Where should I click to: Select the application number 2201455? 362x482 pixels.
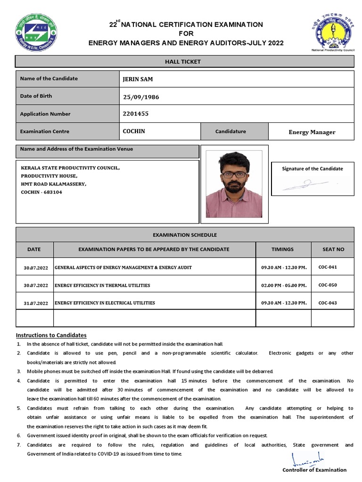tap(136, 113)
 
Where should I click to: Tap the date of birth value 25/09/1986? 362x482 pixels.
tap(141, 97)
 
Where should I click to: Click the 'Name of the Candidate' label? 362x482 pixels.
tap(49, 79)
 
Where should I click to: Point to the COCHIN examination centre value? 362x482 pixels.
tap(134, 131)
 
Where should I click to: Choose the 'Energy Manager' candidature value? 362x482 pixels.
tap(312, 132)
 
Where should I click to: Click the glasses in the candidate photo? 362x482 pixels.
tap(234, 174)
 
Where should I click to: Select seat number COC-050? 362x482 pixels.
tap(328, 285)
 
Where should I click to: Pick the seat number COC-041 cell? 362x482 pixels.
tap(328, 267)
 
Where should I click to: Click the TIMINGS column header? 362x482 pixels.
tap(282, 249)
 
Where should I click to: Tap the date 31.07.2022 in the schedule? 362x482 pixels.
tap(36, 303)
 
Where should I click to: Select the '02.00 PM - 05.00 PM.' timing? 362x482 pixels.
tap(284, 285)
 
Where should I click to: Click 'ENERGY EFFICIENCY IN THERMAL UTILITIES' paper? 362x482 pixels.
tap(102, 285)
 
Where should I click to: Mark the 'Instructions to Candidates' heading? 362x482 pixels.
tap(51, 335)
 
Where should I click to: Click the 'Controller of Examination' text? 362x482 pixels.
tap(314, 470)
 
